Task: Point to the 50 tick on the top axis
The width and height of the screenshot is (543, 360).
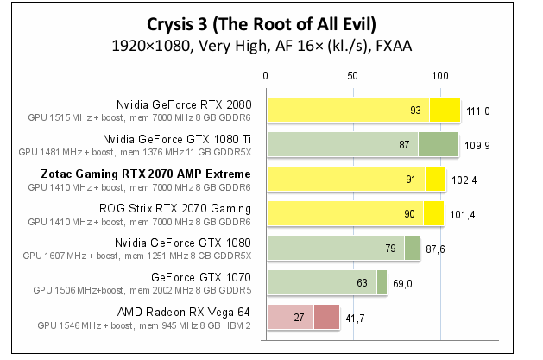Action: pos(352,76)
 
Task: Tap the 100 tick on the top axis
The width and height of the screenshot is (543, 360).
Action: pos(439,76)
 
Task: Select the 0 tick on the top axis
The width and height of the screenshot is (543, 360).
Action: pos(266,76)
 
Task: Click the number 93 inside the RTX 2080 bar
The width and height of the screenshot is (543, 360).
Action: pos(415,111)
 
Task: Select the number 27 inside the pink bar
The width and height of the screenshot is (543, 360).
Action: pos(300,318)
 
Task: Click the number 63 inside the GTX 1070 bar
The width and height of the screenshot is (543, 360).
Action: pos(363,283)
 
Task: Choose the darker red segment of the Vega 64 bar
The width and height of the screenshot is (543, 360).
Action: pos(326,318)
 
